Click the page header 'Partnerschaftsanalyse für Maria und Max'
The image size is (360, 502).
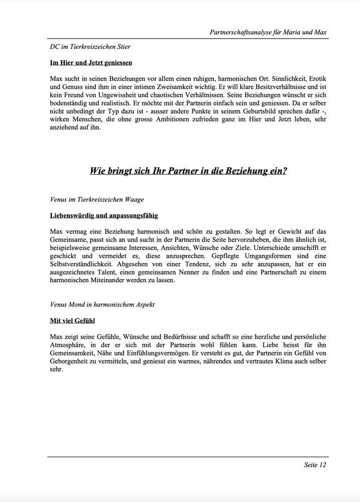pyautogui.click(x=268, y=33)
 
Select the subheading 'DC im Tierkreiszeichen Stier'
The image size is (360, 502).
pyautogui.click(x=90, y=47)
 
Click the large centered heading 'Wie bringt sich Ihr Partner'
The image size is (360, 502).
pyautogui.click(x=188, y=171)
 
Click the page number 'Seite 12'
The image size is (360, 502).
pyautogui.click(x=315, y=465)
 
